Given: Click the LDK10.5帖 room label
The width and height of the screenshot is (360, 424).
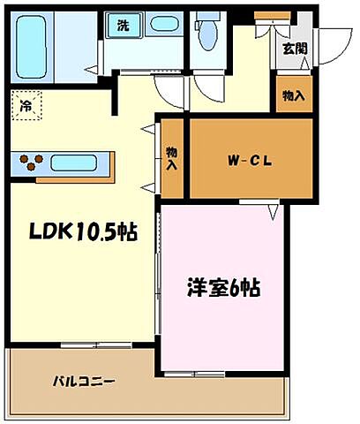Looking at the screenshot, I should point(83,232).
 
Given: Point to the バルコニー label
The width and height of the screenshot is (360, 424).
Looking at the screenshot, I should point(84,382).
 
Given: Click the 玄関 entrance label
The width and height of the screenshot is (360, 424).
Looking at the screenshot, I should point(294,49).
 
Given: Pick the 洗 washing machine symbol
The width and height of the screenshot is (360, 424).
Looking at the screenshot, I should point(122,26).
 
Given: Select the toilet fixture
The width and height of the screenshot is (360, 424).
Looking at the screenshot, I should point(208,35).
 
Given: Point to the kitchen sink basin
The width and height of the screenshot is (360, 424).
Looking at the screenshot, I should point(79,163).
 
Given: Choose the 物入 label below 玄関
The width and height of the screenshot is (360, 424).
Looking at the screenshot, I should point(294,95).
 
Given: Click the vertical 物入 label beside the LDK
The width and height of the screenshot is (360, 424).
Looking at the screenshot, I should point(171,159).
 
